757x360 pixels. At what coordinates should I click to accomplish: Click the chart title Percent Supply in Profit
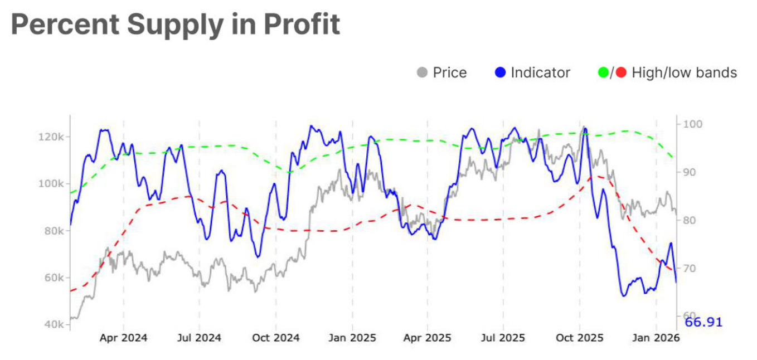175,25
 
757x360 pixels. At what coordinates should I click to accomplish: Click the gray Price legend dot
423,73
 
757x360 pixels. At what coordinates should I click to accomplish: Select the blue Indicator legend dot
500,73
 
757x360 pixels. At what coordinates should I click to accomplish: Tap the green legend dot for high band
603,73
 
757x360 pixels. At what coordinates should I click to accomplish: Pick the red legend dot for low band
621,73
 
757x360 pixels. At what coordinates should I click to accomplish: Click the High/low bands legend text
684,73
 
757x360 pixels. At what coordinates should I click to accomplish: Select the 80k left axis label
55,231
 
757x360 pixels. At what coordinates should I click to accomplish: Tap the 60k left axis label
55,278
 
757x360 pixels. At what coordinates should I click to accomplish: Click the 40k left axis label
55,324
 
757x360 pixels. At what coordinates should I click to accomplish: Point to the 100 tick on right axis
690,124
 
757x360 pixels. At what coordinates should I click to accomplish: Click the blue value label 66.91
703,322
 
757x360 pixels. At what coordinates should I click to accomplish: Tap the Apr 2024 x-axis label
123,338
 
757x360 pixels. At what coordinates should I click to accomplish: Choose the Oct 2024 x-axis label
275,338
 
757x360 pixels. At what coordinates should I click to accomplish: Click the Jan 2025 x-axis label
352,338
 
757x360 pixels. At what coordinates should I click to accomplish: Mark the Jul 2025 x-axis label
503,338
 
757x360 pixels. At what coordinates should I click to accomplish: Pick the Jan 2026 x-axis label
656,338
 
